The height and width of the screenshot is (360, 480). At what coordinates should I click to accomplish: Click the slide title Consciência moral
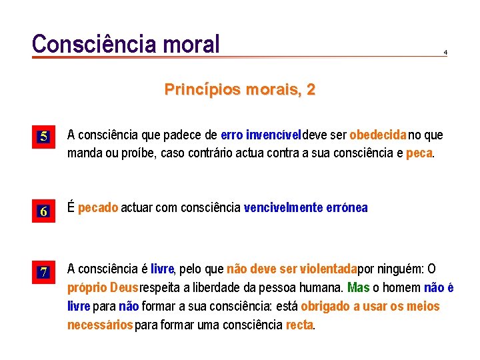126,44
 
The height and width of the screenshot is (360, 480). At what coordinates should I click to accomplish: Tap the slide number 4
445,52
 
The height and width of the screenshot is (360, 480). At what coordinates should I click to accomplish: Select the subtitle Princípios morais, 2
240,89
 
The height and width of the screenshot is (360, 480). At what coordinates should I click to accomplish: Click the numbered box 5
43,137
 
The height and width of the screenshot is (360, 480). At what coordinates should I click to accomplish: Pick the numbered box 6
43,212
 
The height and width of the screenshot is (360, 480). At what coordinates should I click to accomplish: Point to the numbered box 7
43,272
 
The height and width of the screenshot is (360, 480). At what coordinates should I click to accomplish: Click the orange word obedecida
378,135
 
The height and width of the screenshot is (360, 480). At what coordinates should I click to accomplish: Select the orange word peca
419,153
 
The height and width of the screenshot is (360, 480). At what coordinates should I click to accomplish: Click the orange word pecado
98,207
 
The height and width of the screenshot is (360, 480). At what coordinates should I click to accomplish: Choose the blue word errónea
347,207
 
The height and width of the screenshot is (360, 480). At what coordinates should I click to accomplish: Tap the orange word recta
299,325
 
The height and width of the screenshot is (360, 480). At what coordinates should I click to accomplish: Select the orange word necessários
100,325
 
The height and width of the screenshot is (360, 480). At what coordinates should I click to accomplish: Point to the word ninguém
401,269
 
